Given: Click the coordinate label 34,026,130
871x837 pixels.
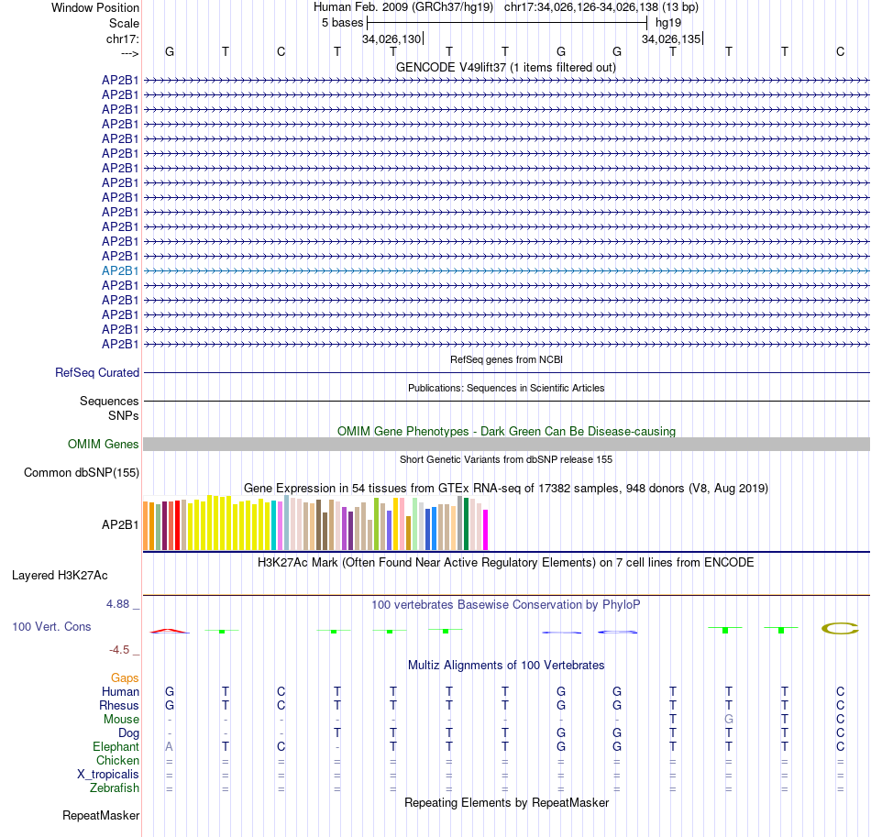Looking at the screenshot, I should [x=391, y=39].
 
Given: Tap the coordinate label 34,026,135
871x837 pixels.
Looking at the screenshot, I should [x=671, y=39].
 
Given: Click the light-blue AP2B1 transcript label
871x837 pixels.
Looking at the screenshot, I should [x=120, y=271].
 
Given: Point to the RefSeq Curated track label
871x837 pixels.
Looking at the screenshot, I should [x=97, y=373].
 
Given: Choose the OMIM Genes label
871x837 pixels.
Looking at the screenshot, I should [x=104, y=445].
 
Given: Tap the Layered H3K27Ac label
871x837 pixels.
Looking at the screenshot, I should [x=60, y=576].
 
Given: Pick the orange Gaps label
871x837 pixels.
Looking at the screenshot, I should [x=125, y=677].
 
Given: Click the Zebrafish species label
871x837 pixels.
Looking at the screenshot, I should [x=115, y=788].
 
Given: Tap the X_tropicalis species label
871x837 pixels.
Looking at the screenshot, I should [x=108, y=775].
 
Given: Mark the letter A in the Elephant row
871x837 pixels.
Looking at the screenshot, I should [x=170, y=747].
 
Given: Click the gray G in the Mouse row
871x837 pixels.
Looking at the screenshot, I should [x=729, y=720].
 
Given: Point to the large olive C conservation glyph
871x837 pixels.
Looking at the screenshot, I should [x=839, y=628].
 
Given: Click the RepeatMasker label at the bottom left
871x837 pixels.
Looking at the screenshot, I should [x=101, y=815].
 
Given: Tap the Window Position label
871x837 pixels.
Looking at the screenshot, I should [x=95, y=7].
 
